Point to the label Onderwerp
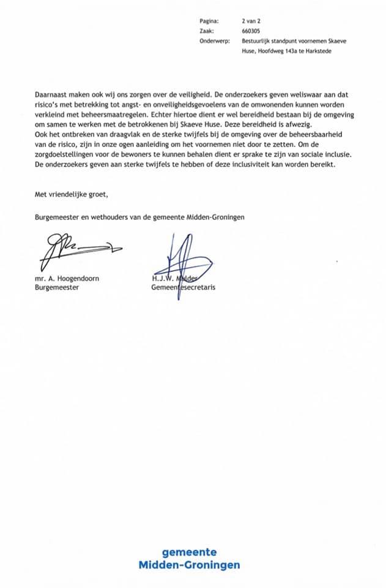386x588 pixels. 213,42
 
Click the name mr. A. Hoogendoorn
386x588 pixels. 67,277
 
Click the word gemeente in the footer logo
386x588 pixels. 193,552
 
